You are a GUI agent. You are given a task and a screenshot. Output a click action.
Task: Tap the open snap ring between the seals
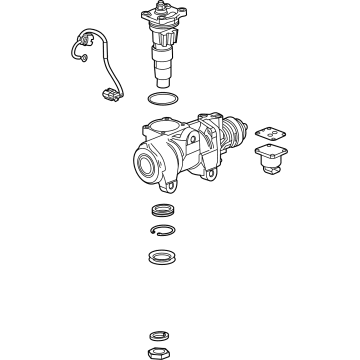tap(160, 232)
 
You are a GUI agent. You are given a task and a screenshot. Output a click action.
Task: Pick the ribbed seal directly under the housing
tap(160, 211)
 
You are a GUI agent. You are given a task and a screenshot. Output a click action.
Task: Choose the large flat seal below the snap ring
tap(160, 259)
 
